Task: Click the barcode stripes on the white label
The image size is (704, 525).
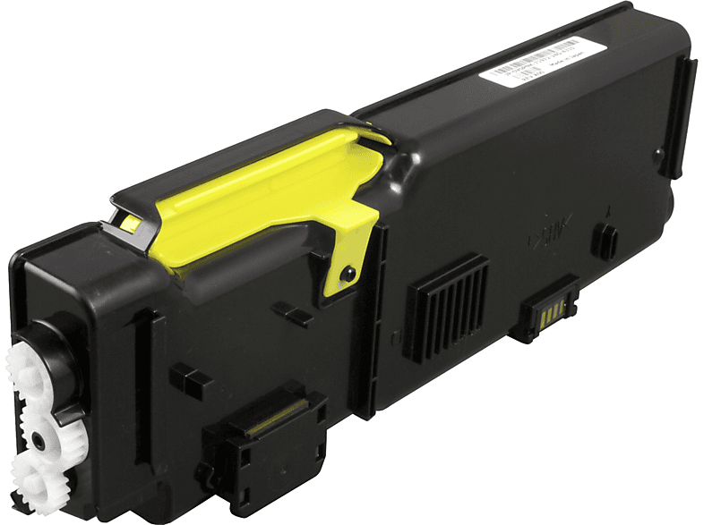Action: (557, 48)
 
